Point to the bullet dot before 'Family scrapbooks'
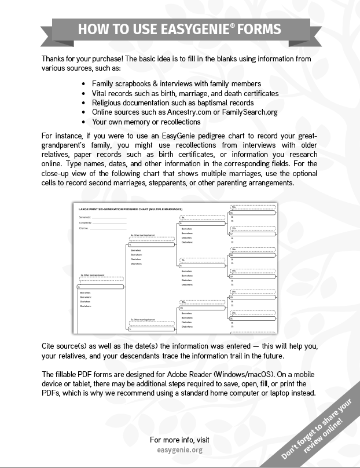(85, 84)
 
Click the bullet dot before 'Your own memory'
(85, 122)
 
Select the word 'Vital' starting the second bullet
(100, 93)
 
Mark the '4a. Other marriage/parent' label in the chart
(142, 235)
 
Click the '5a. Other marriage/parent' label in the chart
(142, 319)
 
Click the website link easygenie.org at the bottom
(179, 449)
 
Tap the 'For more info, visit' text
(179, 439)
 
